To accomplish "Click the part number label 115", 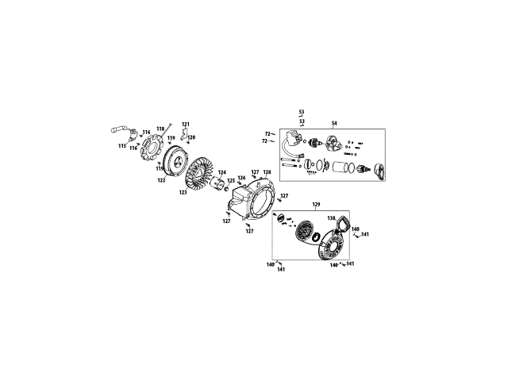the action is pos(122,146).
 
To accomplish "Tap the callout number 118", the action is pos(160,129).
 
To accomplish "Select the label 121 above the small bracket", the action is pos(186,125).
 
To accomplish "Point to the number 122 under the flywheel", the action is pos(161,180).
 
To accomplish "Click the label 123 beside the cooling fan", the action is pos(183,191).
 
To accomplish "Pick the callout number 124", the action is pos(222,173).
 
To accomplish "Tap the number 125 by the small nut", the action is pos(231,181).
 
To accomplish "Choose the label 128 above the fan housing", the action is pos(267,172).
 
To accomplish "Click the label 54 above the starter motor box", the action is pos(334,123).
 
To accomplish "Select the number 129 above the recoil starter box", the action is pos(316,205).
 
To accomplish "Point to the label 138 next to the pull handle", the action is pos(332,217).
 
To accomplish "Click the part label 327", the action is pos(284,196).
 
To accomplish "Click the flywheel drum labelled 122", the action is pos(168,159).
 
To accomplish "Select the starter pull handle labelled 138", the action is pos(344,227).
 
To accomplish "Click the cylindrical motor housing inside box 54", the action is pos(344,167).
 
